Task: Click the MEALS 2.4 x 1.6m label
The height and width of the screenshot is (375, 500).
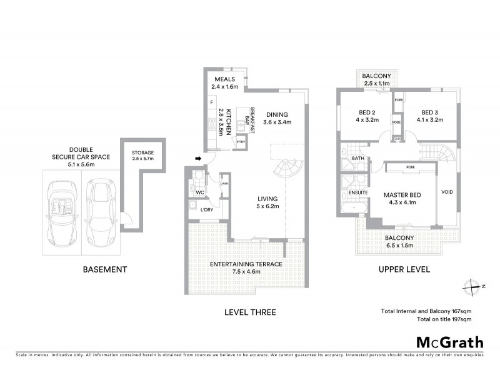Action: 226,83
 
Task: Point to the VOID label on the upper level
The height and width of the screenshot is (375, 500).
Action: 447,191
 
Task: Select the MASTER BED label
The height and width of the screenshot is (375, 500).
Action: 402,199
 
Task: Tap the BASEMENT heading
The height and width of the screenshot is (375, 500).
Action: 105,270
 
